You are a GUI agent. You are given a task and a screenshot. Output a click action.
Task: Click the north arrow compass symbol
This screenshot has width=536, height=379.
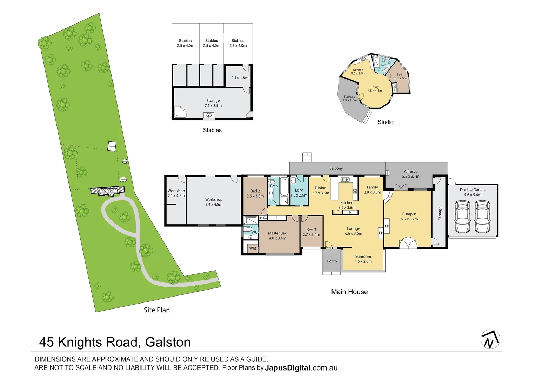[x=490, y=339]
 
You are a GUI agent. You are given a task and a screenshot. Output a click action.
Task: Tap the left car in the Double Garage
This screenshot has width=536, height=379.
[x=462, y=217]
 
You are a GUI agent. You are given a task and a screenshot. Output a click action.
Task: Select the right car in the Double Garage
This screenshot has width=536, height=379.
[x=482, y=217]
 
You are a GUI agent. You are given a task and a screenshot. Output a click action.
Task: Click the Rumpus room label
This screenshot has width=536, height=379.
[x=409, y=217]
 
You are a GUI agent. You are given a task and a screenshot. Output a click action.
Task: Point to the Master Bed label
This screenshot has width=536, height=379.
[x=277, y=235]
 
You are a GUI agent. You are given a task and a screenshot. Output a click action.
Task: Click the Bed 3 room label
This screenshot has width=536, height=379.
[x=311, y=232]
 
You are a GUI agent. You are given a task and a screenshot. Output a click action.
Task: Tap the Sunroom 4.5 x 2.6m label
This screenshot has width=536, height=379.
[x=363, y=259]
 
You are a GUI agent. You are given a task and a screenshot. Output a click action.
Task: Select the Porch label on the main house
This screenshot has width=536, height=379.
[x=332, y=261]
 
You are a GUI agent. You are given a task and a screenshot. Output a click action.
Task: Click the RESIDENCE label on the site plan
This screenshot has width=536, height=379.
[x=108, y=191]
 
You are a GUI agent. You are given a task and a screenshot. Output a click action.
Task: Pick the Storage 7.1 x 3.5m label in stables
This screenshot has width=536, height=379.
[x=213, y=103]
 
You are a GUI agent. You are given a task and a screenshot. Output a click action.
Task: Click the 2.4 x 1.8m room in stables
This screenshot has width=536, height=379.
[x=240, y=78]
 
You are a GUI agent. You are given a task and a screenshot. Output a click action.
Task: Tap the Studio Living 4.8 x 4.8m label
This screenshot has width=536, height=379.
[x=375, y=89]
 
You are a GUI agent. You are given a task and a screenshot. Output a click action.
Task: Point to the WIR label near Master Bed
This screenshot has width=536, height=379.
[x=253, y=248]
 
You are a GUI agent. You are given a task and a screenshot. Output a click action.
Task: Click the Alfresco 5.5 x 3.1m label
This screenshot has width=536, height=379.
[x=411, y=174]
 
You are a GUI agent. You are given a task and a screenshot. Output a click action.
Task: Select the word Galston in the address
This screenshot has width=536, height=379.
[x=168, y=342]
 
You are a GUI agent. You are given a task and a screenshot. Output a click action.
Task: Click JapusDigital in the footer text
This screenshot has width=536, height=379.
[x=288, y=368]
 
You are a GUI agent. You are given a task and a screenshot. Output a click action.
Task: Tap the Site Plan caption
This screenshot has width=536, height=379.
[x=156, y=310]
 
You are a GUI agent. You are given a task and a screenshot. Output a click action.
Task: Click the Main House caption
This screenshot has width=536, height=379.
[x=349, y=292]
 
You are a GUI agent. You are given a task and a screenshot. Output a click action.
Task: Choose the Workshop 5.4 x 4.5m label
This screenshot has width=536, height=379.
[x=214, y=202]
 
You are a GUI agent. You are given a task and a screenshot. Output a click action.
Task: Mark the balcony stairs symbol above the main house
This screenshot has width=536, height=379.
[x=307, y=157]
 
